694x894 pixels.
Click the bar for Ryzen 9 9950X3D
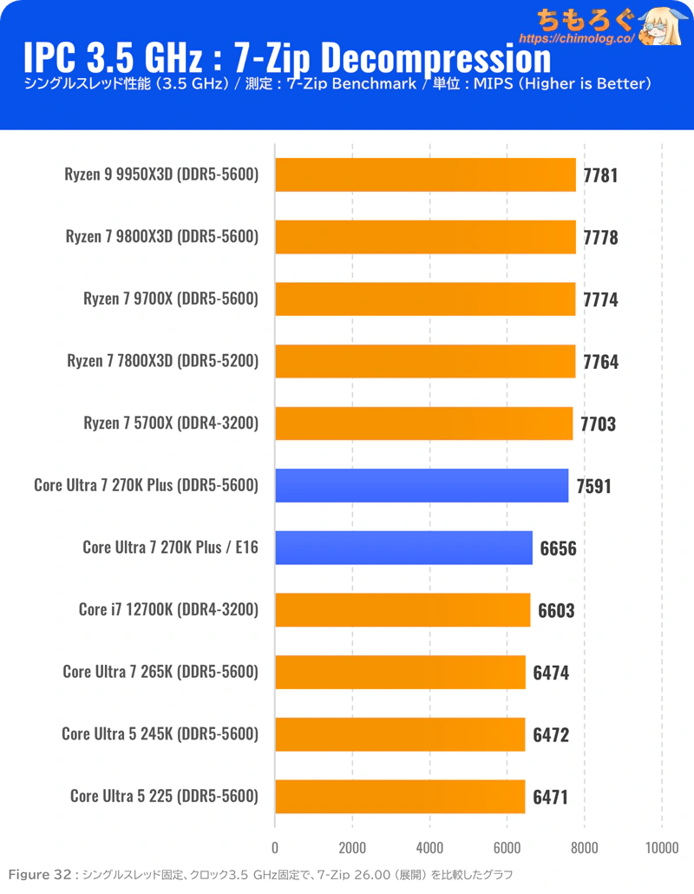(x=425, y=174)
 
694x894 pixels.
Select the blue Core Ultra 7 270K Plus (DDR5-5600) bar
(x=422, y=485)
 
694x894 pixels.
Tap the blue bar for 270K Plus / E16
(x=403, y=548)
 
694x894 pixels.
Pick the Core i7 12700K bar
(x=403, y=610)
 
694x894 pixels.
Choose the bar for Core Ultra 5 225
(x=400, y=796)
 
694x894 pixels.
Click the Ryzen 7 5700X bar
(x=423, y=424)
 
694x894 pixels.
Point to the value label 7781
(x=600, y=175)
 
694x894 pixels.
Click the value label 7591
(x=593, y=486)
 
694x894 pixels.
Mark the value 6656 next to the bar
(x=558, y=549)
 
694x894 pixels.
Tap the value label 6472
(x=551, y=735)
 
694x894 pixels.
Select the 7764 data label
(x=600, y=362)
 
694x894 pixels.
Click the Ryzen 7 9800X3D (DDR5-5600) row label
(x=162, y=236)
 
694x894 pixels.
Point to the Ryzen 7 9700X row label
(x=171, y=299)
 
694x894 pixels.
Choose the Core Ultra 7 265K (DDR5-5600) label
(x=160, y=672)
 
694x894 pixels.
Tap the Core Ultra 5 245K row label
(x=160, y=734)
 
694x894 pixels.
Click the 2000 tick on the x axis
(x=352, y=847)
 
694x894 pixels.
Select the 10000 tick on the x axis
(x=662, y=847)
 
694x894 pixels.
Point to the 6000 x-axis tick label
(x=507, y=847)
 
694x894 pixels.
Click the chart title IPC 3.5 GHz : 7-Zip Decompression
(x=287, y=58)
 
